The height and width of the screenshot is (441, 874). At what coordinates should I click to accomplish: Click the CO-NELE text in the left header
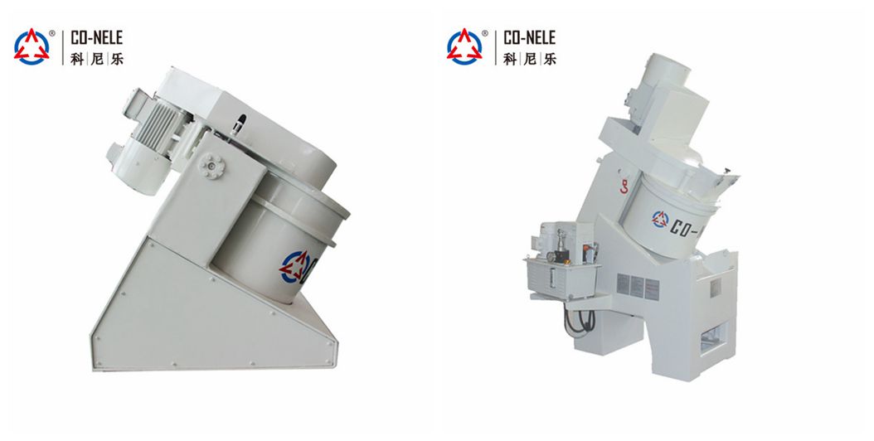click(96, 37)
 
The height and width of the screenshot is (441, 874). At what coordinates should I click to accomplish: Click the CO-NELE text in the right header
click(529, 37)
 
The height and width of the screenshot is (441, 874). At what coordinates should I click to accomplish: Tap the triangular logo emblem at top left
click(32, 47)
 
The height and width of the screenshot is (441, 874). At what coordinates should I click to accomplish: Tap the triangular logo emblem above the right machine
click(464, 47)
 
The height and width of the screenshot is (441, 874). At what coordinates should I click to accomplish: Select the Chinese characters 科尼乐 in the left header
click(96, 59)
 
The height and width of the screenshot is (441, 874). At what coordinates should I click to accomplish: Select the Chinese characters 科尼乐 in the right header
click(529, 59)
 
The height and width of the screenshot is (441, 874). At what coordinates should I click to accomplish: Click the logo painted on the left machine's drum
click(297, 267)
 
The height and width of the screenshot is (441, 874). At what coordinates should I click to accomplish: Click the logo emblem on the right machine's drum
click(662, 220)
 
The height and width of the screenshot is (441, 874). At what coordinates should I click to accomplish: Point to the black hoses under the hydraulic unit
click(577, 319)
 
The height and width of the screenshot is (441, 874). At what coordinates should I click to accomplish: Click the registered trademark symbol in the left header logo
click(52, 34)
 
